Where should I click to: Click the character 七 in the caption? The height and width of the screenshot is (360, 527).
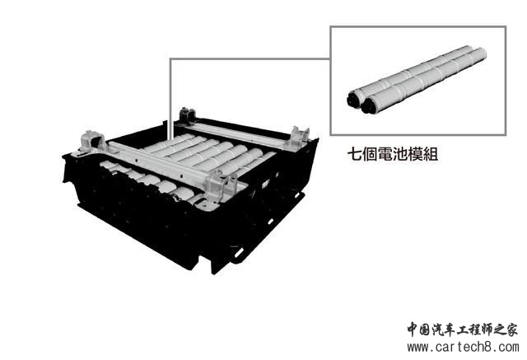coord(355,154)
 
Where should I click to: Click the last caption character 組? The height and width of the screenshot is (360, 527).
coord(431,154)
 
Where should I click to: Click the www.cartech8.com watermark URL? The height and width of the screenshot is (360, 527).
coord(463,347)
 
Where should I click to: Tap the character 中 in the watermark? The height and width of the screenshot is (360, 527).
coord(413,329)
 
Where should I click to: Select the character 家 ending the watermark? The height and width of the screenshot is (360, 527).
coord(511,329)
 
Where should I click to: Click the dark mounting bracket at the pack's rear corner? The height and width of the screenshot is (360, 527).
coord(187,115)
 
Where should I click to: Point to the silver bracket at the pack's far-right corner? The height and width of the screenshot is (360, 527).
coord(299,136)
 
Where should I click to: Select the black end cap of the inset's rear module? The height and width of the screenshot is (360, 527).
coord(353,99)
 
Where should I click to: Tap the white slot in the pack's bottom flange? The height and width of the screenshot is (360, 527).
coord(239,252)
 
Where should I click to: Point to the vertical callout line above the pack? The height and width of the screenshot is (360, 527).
coord(170,99)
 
